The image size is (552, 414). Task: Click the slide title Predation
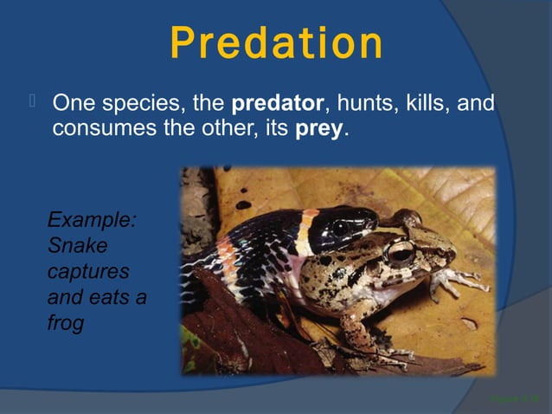pos(276,42)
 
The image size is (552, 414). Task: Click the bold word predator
pos(277,106)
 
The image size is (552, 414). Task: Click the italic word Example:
pos(91,219)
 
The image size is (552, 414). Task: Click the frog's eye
pos(400,253)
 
